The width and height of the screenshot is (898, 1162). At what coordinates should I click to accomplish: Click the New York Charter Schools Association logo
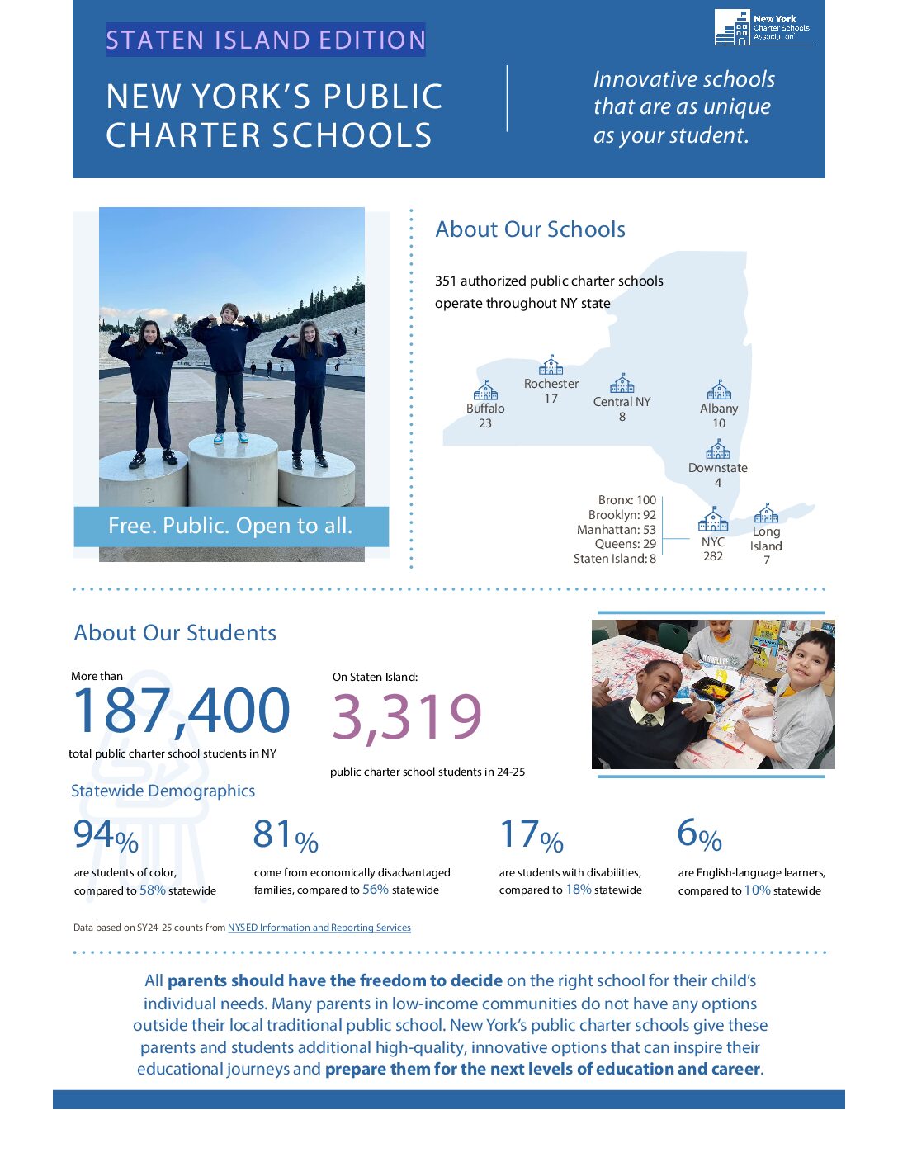click(763, 28)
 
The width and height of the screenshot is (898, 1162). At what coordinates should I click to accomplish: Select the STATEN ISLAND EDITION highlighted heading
click(265, 40)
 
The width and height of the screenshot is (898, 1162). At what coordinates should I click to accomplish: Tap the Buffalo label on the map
click(485, 409)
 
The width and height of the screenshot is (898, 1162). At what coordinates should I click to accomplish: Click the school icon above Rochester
click(551, 365)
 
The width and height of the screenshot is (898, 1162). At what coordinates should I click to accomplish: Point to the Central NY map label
click(622, 402)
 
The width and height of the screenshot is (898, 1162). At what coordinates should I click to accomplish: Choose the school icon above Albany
click(719, 390)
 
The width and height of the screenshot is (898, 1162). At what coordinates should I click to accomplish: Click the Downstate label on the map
click(717, 468)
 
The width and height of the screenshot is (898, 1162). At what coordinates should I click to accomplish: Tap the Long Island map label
click(766, 539)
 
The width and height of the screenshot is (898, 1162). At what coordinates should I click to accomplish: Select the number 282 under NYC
click(713, 556)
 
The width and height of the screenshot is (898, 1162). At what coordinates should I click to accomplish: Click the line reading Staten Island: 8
click(615, 559)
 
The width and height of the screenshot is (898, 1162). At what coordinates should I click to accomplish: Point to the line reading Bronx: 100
click(627, 500)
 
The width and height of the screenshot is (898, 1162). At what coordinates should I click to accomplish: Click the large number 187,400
click(181, 711)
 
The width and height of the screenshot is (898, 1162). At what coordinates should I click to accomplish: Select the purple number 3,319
click(407, 716)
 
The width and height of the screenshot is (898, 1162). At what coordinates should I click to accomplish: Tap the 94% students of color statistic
click(106, 836)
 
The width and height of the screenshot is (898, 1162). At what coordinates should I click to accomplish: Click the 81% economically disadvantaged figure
click(286, 836)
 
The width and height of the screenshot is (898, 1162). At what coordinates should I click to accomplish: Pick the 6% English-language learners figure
click(699, 835)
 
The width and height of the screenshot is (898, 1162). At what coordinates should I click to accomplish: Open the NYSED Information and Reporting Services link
click(319, 928)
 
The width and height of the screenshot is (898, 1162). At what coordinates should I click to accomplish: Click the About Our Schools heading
click(530, 229)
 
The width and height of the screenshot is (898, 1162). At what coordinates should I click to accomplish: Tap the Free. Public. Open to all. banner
click(231, 527)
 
